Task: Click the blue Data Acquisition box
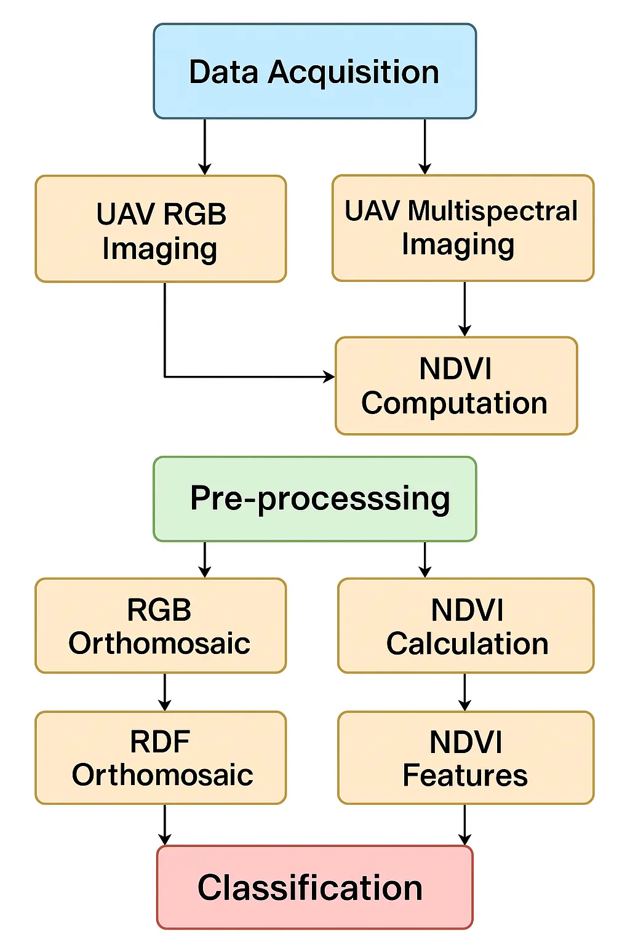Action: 314,71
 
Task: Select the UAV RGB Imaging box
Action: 161,229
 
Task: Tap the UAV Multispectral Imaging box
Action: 463,228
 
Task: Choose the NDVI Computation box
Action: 456,386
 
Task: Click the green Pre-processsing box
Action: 314,499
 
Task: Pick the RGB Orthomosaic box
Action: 161,626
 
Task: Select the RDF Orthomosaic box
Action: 161,758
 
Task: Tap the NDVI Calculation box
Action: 466,626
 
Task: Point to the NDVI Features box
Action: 466,758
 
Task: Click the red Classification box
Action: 314,887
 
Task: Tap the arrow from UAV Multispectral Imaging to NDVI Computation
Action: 465,309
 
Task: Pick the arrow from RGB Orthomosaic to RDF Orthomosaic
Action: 164,692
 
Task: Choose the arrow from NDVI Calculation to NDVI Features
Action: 465,692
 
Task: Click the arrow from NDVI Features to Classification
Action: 465,825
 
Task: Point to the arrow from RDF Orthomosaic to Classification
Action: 164,825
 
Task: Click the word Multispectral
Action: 493,211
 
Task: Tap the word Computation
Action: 455,404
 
